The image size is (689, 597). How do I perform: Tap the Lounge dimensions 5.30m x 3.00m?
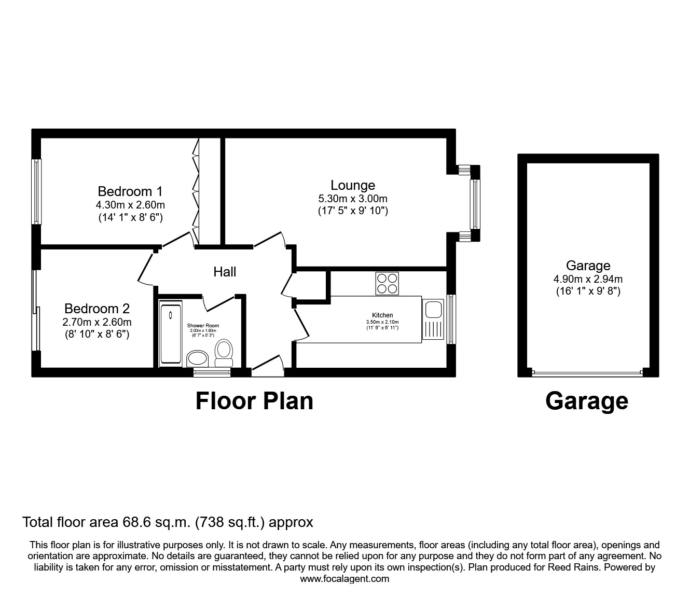tap(353, 199)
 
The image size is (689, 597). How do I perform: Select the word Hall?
tap(225, 272)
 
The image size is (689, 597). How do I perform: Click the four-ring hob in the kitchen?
tap(387, 283)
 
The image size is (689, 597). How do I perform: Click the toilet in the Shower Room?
tap(224, 352)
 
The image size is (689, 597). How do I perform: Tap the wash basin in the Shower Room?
tap(197, 358)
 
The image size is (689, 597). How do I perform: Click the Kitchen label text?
tap(382, 315)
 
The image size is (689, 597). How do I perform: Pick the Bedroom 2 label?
tap(97, 309)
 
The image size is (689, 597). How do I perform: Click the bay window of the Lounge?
tap(474, 204)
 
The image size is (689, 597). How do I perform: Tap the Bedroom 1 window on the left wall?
tap(36, 191)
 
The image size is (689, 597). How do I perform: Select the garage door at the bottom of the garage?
tap(587, 372)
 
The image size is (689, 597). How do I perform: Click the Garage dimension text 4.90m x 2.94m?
tap(587, 279)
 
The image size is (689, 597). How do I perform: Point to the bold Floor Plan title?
tap(254, 401)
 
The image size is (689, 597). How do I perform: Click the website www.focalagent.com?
tap(344, 579)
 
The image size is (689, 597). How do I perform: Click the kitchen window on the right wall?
tap(451, 320)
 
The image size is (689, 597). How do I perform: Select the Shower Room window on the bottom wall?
tap(204, 371)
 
